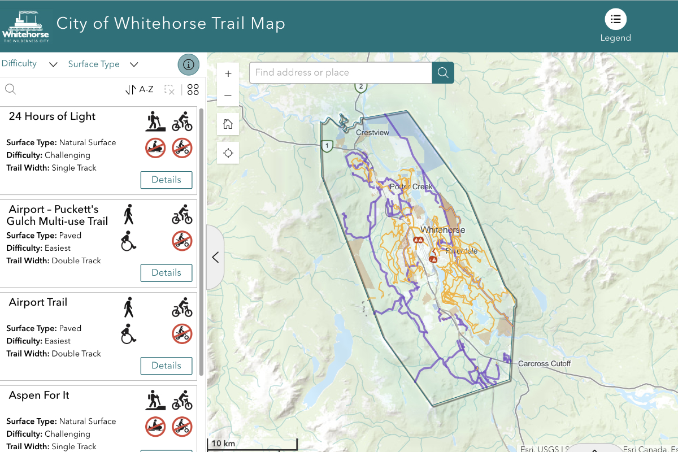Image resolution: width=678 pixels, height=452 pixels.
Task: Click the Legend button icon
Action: tap(615, 19)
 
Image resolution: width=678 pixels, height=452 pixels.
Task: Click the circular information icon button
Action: tap(189, 64)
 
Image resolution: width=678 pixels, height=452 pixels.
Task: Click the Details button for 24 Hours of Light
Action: tap(166, 180)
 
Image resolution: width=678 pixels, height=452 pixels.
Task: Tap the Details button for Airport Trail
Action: tap(166, 366)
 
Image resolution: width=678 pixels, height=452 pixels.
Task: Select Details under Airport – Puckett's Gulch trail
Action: tap(166, 272)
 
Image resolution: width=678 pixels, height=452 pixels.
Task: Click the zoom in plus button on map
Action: tap(228, 74)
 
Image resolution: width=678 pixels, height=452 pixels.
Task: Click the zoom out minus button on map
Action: tap(228, 95)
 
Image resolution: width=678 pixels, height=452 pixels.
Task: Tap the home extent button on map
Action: tap(228, 124)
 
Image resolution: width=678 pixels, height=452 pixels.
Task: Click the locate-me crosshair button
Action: tap(228, 153)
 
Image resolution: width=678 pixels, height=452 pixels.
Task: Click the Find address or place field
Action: tap(340, 72)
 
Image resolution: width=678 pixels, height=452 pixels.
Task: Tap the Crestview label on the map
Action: tap(372, 132)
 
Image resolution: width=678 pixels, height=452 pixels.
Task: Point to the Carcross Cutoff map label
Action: tap(544, 363)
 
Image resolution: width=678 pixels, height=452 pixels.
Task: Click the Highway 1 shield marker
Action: tap(326, 146)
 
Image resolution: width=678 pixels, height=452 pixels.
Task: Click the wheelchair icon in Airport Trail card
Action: tap(129, 334)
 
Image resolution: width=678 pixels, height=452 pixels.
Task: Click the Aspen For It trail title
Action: tap(39, 395)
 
